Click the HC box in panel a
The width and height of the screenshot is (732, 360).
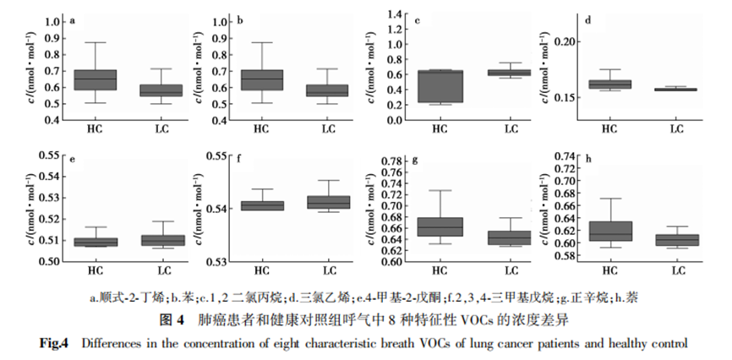(95, 79)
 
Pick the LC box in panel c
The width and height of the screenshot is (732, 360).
(510, 73)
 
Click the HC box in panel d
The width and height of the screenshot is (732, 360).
(609, 84)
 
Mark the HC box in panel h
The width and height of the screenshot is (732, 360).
(609, 231)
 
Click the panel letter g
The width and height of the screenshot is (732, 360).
(414, 160)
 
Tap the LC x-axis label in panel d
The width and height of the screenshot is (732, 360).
(676, 128)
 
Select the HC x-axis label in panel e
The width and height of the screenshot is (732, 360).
(95, 271)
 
